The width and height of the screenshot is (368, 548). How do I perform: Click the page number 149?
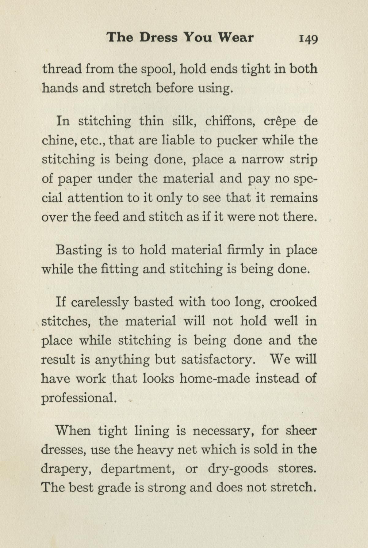pyautogui.click(x=308, y=39)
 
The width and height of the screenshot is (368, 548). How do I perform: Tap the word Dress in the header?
pyautogui.click(x=158, y=37)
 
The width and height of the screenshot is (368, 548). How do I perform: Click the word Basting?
pyautogui.click(x=79, y=251)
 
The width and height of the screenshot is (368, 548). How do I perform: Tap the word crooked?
pyautogui.click(x=293, y=302)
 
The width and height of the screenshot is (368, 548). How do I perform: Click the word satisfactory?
pyautogui.click(x=218, y=360)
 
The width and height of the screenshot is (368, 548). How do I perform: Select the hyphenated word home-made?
pyautogui.click(x=215, y=379)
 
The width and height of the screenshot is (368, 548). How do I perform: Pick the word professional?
pyautogui.click(x=79, y=398)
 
